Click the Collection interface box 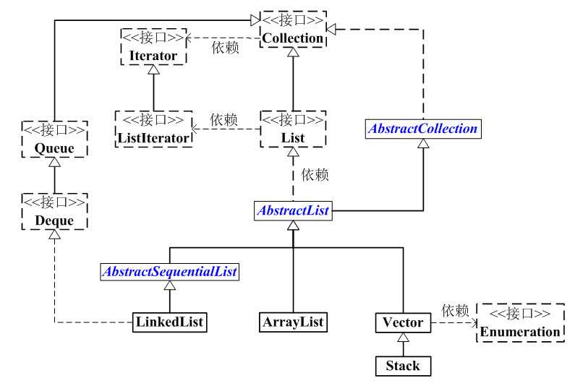pyautogui.click(x=293, y=30)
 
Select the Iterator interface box pyautogui.click(x=153, y=47)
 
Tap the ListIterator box pyautogui.click(x=153, y=129)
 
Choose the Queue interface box pyautogui.click(x=55, y=140)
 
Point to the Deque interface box pyautogui.click(x=55, y=212)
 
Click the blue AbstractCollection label pyautogui.click(x=423, y=129)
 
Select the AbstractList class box pyautogui.click(x=293, y=210)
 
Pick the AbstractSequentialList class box pyautogui.click(x=170, y=272)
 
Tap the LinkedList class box pyautogui.click(x=169, y=322)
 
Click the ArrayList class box pyautogui.click(x=293, y=322)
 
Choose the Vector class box pyautogui.click(x=403, y=322)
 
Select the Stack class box pyautogui.click(x=403, y=366)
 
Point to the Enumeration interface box pyautogui.click(x=520, y=323)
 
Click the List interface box pyautogui.click(x=293, y=129)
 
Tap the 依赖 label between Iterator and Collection pyautogui.click(x=225, y=48)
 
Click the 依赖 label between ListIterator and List pyautogui.click(x=223, y=120)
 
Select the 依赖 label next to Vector pyautogui.click(x=455, y=311)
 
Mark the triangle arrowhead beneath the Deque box pyautogui.click(x=55, y=235)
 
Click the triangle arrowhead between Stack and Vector pyautogui.click(x=403, y=338)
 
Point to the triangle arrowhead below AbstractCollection pyautogui.click(x=423, y=143)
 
